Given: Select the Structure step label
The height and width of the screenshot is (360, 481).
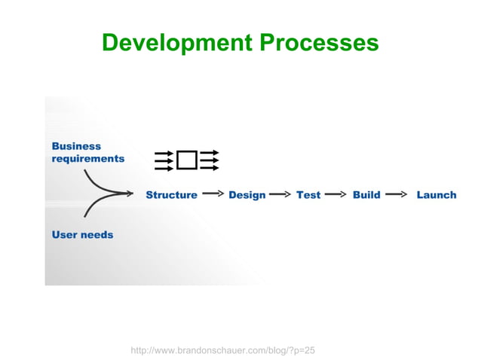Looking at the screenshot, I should (x=171, y=195).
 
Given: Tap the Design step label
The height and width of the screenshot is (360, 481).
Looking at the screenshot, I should (x=247, y=195).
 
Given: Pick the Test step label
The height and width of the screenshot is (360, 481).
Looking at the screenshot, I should (x=308, y=195).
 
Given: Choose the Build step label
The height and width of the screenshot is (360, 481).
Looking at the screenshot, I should (x=366, y=195).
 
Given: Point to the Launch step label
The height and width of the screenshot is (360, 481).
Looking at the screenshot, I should (x=437, y=195).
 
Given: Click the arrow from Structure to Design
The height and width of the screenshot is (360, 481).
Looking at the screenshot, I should (x=213, y=194).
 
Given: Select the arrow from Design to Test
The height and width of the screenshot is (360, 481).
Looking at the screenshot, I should (x=280, y=194).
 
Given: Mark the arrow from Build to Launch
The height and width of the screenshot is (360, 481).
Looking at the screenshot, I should (x=395, y=194).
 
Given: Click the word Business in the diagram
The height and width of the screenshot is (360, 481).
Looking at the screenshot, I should (x=76, y=146).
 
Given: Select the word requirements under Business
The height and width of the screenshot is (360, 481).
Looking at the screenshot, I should (x=88, y=159).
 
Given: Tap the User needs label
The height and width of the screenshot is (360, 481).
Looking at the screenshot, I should (x=82, y=235).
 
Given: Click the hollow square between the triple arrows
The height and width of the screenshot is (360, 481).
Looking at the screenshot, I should (x=186, y=160).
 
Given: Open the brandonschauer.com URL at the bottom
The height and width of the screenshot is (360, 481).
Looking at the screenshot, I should (x=222, y=330).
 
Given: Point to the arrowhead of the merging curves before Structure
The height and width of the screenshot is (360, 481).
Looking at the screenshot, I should (x=134, y=194).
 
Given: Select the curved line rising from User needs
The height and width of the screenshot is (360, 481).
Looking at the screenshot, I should (x=98, y=206).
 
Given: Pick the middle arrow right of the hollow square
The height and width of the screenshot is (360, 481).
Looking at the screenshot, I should (x=210, y=160).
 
